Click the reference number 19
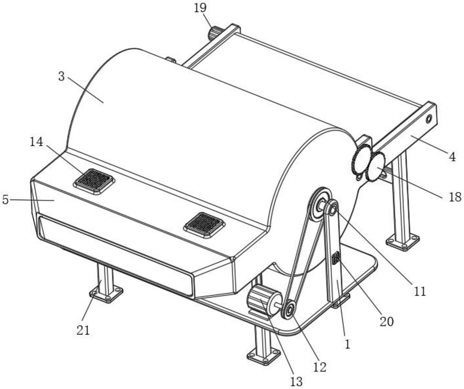200,8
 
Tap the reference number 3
61,77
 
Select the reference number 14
36,142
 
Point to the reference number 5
5,200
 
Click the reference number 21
83,330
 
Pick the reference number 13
296,381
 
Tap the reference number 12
320,367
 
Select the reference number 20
386,321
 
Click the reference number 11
420,291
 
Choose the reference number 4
452,157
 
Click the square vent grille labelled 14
94,181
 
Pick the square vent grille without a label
205,225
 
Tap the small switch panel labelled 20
336,258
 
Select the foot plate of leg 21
106,294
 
